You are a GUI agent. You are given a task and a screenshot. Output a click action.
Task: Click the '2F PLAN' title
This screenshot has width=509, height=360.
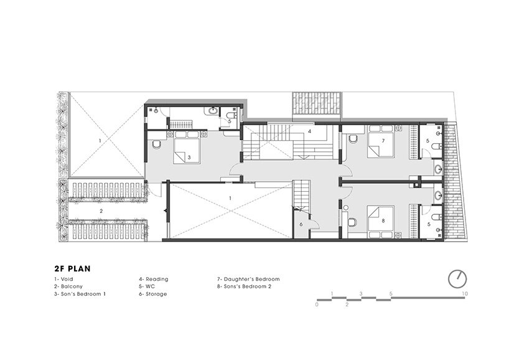[x=72, y=268]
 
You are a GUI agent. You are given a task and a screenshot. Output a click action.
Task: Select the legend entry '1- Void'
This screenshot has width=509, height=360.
[x=63, y=279]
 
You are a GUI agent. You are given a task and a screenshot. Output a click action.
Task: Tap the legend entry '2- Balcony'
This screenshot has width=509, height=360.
[x=68, y=286]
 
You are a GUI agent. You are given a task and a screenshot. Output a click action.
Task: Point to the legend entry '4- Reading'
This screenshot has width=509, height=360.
[x=154, y=279]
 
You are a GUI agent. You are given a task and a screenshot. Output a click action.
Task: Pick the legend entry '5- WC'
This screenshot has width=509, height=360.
[x=147, y=286]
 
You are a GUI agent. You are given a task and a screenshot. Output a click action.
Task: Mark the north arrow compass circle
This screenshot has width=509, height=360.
[x=457, y=278]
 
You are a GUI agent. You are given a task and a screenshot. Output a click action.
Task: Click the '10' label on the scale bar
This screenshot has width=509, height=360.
[x=465, y=293]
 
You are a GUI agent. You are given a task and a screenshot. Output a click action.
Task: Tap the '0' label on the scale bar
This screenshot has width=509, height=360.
[x=317, y=305]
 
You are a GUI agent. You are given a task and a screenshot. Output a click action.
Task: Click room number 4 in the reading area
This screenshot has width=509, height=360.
[x=309, y=132]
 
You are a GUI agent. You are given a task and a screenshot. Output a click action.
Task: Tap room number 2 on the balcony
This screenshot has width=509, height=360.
[x=101, y=211]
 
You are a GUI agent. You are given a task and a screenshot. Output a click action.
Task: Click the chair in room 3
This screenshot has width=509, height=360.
[x=156, y=144]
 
